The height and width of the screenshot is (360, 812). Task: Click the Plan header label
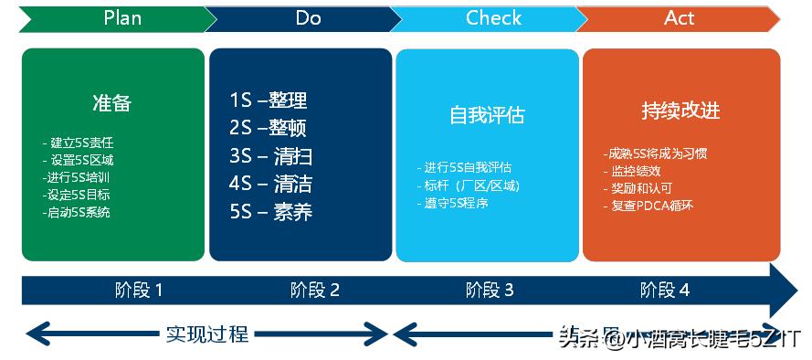click(122, 17)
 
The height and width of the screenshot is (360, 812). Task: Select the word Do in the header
click(308, 17)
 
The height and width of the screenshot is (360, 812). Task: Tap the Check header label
click(493, 17)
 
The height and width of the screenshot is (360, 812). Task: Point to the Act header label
click(680, 17)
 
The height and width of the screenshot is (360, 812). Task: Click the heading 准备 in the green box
click(112, 102)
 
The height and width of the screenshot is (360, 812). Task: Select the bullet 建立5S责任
click(79, 143)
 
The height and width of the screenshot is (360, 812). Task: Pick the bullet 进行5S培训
click(78, 177)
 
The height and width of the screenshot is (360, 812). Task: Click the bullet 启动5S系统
click(77, 212)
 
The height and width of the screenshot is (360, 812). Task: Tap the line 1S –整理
click(269, 101)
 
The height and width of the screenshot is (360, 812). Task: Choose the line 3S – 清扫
click(271, 156)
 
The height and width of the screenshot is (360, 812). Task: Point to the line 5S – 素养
click(271, 212)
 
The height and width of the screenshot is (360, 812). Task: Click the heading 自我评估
click(487, 116)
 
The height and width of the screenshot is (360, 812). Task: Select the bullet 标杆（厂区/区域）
click(470, 185)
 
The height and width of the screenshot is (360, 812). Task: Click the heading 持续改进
click(680, 111)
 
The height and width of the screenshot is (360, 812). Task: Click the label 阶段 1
click(139, 291)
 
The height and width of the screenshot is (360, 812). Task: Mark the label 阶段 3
click(490, 291)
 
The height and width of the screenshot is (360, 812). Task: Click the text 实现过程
click(207, 334)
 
